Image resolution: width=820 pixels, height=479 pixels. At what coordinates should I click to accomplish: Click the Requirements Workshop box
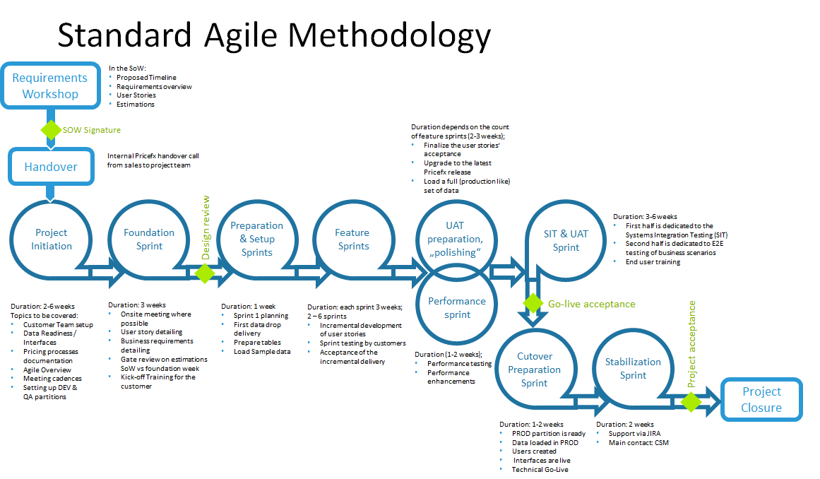coord(50,86)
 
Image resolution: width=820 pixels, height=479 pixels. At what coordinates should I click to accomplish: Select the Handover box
coord(51,167)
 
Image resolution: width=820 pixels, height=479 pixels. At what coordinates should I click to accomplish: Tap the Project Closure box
coord(761,400)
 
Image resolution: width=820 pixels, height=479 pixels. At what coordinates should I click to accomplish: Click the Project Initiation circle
coord(52,239)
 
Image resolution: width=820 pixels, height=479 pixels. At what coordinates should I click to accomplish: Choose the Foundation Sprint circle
coord(149,239)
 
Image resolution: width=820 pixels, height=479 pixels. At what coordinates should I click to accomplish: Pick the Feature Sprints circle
coord(352,239)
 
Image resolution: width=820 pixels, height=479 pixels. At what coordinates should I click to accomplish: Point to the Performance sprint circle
coord(457,307)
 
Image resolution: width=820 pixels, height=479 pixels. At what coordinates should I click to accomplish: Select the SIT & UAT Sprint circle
coord(566,240)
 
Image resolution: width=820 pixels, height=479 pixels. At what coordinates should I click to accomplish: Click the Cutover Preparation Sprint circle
coord(534,369)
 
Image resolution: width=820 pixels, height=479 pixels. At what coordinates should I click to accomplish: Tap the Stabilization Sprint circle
coord(633,368)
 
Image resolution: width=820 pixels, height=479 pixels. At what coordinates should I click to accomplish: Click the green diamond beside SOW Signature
coord(51,130)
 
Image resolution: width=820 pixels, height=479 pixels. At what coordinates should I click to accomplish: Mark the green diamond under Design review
coord(204,273)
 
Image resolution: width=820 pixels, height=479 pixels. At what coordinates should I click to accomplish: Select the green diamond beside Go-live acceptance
coord(533,304)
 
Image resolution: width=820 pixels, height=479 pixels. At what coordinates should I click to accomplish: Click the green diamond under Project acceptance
coord(690,401)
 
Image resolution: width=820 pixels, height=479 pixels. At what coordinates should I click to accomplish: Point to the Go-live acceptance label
coord(591,304)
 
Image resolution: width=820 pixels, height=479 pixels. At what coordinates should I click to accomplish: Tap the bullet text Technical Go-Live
coord(540,469)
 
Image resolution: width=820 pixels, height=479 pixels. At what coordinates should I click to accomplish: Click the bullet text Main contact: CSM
coord(638,443)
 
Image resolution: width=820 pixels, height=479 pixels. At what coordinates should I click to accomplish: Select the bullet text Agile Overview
coord(47,369)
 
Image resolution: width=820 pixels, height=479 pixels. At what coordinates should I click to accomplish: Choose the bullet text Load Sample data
coord(261,351)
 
